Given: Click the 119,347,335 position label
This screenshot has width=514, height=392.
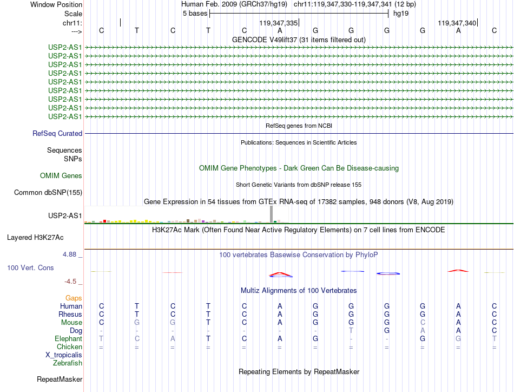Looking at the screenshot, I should click(x=278, y=23).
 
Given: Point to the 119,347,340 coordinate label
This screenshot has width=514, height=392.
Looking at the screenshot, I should click(x=457, y=23).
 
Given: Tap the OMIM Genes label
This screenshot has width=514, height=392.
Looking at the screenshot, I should click(x=61, y=175).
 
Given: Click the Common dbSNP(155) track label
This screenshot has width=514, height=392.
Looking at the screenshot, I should click(x=48, y=192).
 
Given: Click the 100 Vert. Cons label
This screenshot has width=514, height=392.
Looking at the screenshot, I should click(x=30, y=268).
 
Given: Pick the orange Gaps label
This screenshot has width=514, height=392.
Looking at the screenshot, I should click(x=74, y=298).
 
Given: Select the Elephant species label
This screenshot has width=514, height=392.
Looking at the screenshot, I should click(x=68, y=338).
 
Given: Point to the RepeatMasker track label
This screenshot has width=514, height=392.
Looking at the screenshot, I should click(x=60, y=379).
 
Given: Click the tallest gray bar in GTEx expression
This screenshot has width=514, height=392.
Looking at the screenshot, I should click(x=271, y=214).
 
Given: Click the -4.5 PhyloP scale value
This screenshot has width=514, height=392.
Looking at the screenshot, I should click(x=73, y=282).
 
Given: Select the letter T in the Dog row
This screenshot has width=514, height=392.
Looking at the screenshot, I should click(x=351, y=330).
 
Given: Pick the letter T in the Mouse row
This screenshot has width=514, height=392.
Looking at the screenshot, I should click(x=208, y=322).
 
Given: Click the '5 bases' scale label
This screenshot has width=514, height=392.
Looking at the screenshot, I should click(x=195, y=14).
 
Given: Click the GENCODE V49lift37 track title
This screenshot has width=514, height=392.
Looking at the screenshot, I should click(x=299, y=40).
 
